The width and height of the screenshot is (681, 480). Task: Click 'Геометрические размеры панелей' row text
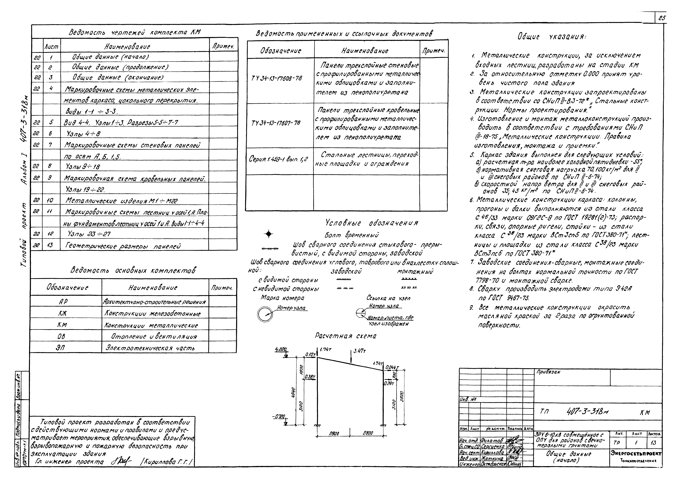click(x=123, y=246)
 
